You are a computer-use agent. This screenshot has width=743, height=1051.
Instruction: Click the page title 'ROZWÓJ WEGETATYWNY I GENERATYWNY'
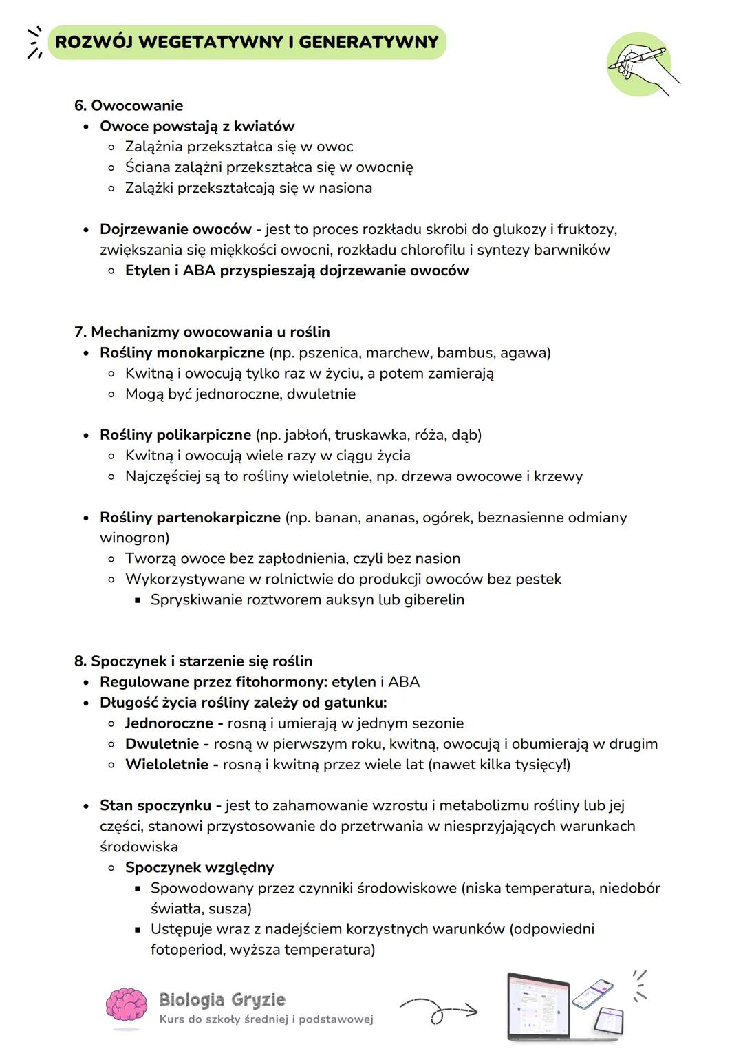246,42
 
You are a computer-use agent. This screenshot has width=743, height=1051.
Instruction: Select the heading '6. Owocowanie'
129,105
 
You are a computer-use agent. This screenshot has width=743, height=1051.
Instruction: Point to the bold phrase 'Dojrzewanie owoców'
175,229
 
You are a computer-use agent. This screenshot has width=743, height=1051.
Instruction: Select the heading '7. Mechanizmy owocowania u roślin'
202,332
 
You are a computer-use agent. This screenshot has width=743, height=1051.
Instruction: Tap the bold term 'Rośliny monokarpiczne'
182,353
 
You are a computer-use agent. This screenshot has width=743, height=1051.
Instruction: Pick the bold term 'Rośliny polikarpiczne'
175,435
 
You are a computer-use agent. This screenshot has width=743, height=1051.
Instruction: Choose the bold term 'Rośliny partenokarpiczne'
190,518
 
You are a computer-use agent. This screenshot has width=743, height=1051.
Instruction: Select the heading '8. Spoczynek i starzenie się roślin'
193,661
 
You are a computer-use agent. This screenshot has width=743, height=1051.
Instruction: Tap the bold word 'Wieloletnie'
166,765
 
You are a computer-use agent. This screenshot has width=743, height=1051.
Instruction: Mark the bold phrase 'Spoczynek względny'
200,867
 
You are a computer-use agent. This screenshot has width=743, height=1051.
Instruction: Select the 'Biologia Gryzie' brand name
222,999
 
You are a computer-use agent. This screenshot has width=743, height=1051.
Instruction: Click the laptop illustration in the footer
539,1006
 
